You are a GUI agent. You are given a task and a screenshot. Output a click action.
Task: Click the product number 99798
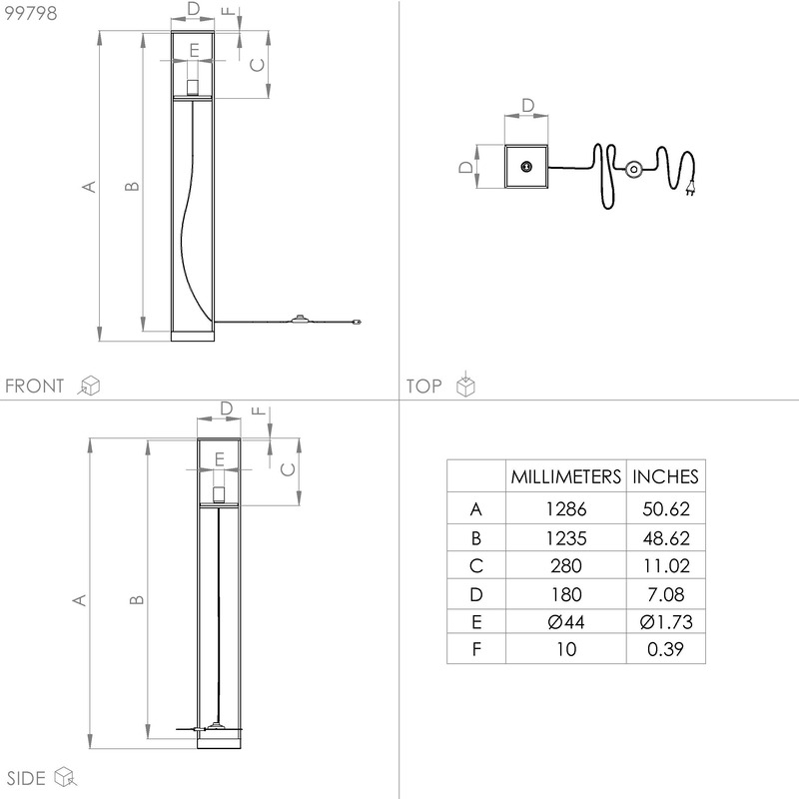coord(31,13)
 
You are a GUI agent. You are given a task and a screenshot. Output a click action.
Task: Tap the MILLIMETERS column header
coord(565,477)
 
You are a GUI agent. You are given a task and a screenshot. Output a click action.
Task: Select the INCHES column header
coord(665,477)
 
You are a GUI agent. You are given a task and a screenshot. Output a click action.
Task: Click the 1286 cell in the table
coord(565,509)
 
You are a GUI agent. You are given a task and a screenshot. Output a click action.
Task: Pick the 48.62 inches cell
coord(666,538)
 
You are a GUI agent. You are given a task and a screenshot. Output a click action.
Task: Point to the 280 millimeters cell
coord(565,566)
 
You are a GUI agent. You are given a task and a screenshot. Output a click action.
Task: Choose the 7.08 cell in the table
coord(666,594)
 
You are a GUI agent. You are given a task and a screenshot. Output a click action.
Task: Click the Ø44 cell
coord(565,622)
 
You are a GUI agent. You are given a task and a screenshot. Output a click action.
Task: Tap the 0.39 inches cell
coord(665,649)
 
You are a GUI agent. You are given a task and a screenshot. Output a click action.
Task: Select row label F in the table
coord(476,649)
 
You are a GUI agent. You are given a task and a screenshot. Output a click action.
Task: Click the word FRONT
coord(35,386)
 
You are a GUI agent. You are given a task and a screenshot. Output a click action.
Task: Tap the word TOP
coord(423,386)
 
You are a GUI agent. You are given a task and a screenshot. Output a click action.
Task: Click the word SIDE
coord(26,778)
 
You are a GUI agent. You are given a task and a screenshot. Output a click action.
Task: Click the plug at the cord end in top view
coord(690,190)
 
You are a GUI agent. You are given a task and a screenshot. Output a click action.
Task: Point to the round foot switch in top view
coord(633,169)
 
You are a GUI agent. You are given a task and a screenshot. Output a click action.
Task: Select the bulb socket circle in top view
coord(526,167)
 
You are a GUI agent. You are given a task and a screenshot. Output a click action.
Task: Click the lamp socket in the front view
coord(193,88)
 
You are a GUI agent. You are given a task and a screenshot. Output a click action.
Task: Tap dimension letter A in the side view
coord(79,600)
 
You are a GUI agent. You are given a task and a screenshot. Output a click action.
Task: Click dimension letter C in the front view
coord(258,65)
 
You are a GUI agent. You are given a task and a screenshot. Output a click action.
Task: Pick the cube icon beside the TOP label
coord(465,385)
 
